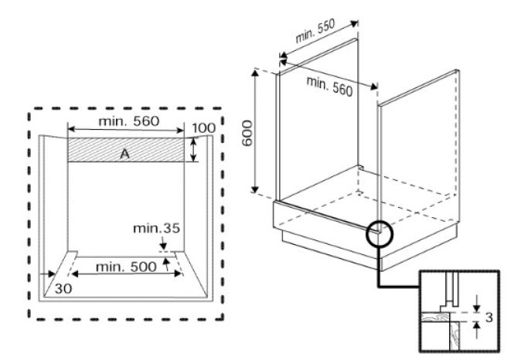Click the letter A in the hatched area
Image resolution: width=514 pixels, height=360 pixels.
point(125,154)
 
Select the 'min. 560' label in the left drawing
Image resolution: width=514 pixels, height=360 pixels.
point(129,121)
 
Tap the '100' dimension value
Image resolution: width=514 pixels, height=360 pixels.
point(203,127)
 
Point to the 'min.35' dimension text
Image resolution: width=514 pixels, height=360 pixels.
point(156,229)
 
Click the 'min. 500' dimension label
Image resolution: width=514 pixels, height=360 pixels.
point(126,267)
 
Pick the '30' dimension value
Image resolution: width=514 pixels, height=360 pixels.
point(63,289)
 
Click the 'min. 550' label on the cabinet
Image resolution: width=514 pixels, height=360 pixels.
point(315,31)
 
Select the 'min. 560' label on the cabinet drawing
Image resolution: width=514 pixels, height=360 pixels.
point(329,87)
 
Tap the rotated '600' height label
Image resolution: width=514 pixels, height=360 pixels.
point(247,133)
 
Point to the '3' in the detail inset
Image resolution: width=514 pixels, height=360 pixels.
point(489,318)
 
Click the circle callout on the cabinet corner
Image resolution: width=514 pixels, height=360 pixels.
point(380,233)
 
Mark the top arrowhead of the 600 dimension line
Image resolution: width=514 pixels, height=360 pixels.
point(255,73)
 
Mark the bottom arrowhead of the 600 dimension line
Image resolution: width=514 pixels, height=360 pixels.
point(255,188)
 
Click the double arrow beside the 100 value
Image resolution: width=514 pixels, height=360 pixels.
point(194,150)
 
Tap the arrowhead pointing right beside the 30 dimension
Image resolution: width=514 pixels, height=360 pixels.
point(51,273)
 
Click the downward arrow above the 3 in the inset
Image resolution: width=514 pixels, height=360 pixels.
point(477,304)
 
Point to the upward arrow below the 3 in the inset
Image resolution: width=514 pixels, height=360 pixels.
point(477,330)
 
